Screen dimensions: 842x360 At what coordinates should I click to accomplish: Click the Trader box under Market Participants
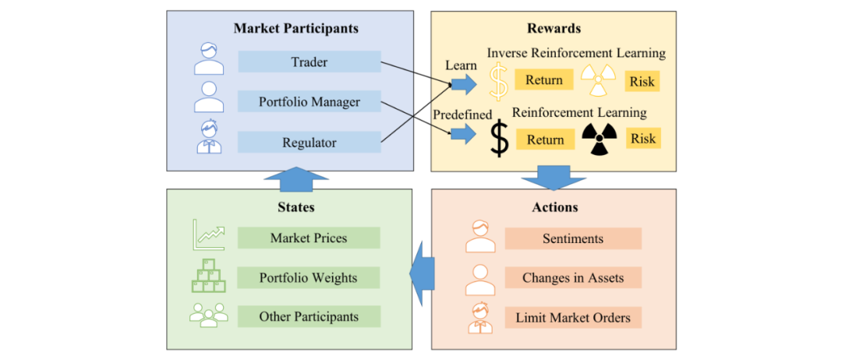pos(310,62)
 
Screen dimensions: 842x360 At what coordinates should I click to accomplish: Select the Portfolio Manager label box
pos(310,102)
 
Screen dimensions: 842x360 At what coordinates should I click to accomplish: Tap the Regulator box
pos(310,143)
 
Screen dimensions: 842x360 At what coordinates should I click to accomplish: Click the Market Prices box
pos(309,238)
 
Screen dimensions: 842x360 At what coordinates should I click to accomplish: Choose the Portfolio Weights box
pos(309,278)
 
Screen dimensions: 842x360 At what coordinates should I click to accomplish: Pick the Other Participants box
pos(309,316)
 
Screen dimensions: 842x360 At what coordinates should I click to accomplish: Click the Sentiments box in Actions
pos(573,238)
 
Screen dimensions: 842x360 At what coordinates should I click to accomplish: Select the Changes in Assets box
pos(573,278)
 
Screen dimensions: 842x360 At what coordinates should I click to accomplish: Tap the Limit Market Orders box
pos(573,318)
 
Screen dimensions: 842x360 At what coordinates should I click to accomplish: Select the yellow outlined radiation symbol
pos(598,80)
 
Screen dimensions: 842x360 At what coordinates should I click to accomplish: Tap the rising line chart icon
pos(209,235)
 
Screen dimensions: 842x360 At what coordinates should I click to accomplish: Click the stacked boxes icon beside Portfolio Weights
pos(208,275)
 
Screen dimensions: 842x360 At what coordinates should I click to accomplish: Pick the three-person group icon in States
pos(209,314)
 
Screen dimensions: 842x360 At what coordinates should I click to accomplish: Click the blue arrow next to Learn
pos(463,83)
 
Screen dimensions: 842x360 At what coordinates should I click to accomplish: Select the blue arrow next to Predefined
pos(463,133)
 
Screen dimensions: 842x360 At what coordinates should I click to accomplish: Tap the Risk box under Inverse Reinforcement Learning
pos(642,82)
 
